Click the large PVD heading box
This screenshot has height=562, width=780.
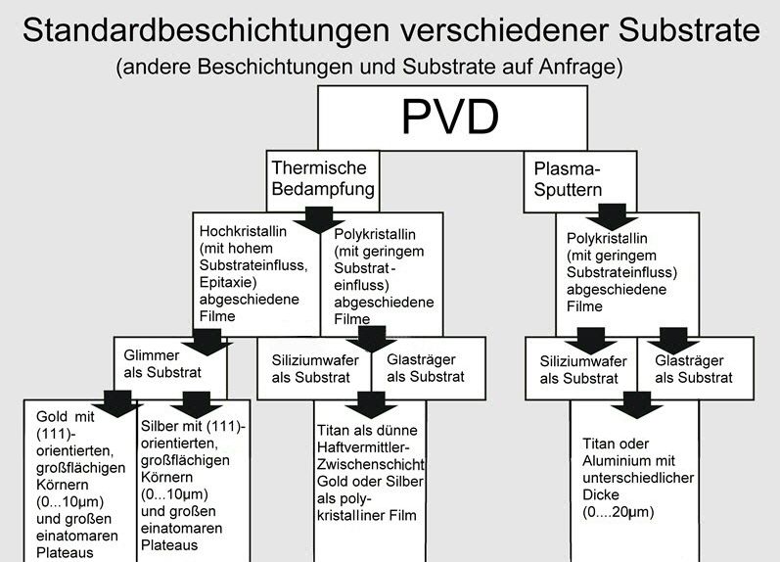[452, 117]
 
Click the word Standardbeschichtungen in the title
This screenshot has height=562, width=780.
[206, 29]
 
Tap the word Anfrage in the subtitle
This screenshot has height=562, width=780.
[580, 67]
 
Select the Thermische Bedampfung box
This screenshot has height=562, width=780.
[322, 181]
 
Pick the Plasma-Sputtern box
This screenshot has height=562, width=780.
[580, 182]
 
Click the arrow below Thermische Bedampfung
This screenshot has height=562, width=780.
[319, 220]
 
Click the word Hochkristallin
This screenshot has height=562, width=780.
[243, 231]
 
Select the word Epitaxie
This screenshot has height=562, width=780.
[228, 282]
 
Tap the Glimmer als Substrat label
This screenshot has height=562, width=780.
[162, 364]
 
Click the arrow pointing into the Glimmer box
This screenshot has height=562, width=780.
[206, 343]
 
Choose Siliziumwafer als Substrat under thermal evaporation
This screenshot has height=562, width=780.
[315, 368]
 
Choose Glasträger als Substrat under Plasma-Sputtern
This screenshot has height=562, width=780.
[694, 369]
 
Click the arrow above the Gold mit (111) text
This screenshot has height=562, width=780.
[117, 403]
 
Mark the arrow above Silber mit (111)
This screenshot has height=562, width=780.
[197, 404]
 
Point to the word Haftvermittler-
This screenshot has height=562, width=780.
[363, 447]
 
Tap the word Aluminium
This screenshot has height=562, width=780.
[619, 460]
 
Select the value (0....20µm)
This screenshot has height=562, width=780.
[619, 512]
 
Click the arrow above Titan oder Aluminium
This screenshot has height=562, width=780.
[637, 404]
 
